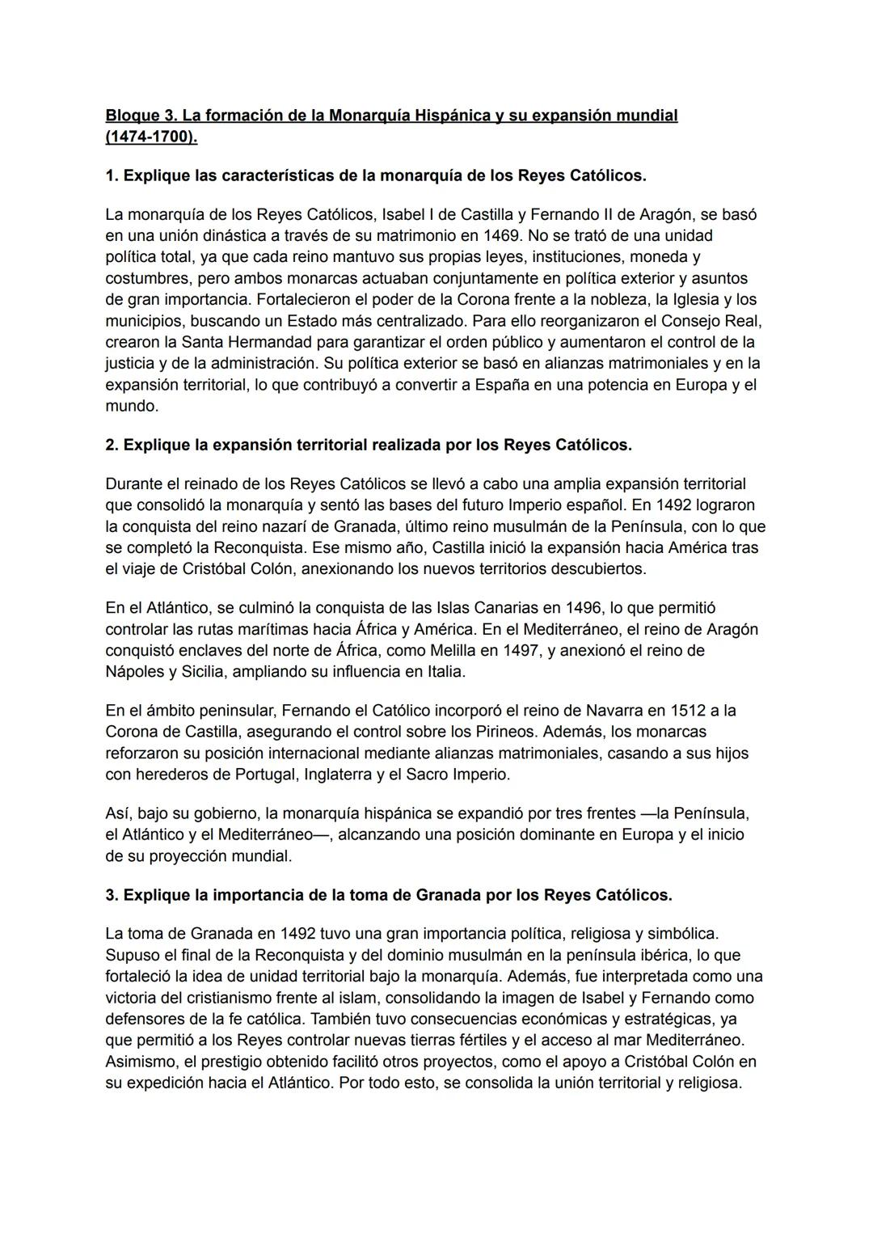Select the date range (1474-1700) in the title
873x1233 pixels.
(151, 137)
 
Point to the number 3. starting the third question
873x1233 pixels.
(112, 895)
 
